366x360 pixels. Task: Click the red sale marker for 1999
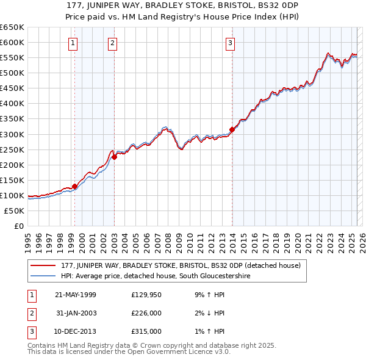point(75,186)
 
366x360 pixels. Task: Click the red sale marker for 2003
point(114,157)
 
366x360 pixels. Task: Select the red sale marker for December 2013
point(232,129)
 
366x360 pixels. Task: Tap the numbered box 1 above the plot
point(73,43)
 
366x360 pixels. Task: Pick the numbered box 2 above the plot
point(113,43)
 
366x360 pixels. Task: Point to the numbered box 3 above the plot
point(231,43)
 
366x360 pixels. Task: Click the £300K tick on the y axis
point(12,134)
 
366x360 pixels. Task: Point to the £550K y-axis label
point(12,57)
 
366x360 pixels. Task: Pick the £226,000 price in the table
point(146,313)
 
